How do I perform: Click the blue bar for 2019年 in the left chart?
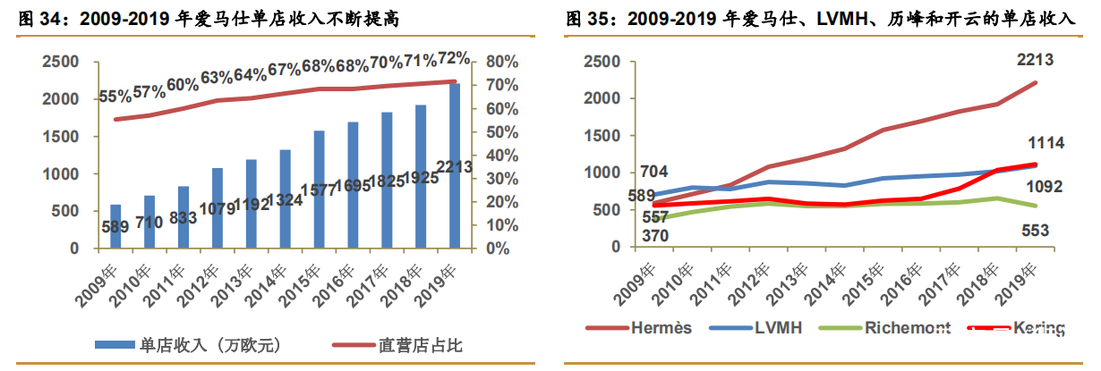454,165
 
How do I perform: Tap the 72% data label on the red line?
454,59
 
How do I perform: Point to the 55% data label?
115,97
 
